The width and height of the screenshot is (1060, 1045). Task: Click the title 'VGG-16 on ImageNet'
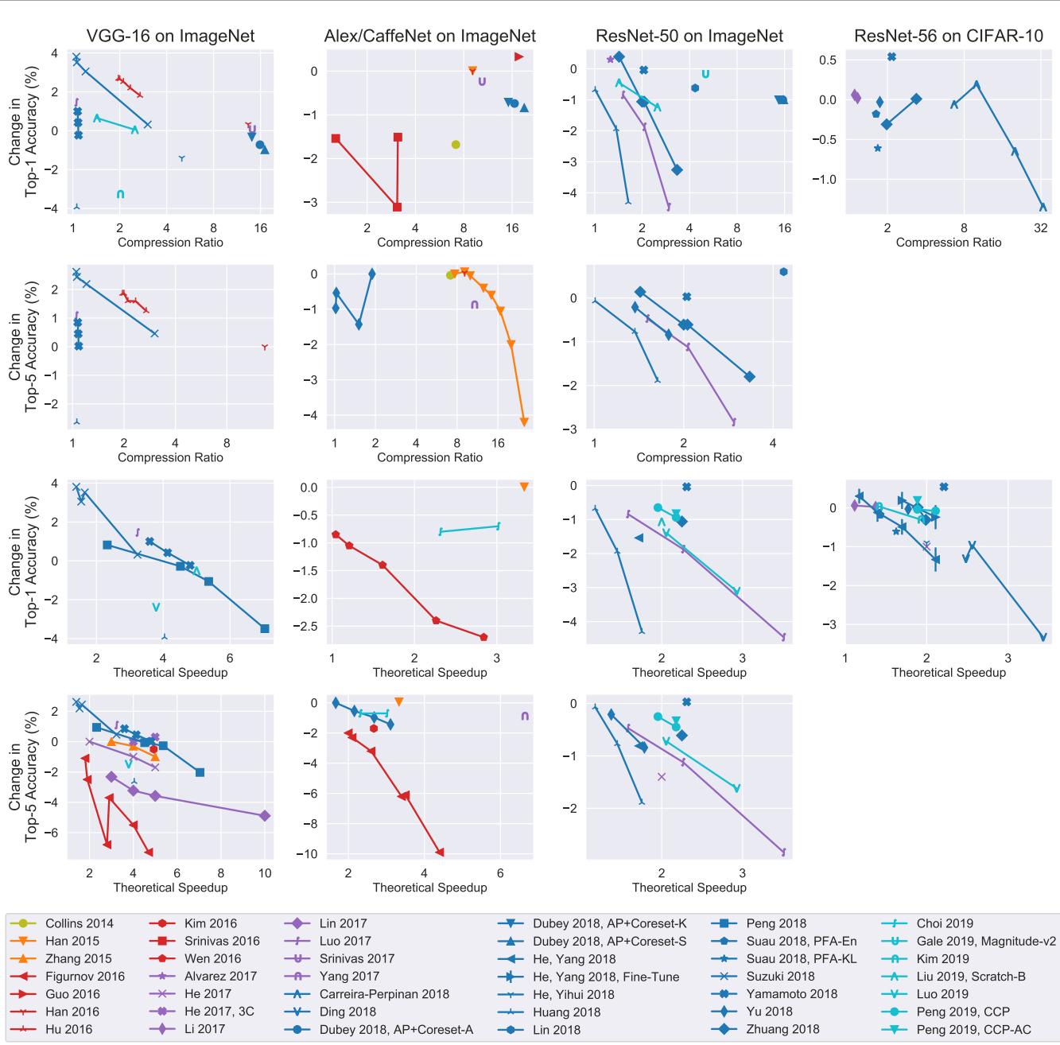click(x=170, y=36)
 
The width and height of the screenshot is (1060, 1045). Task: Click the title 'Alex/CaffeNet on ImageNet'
click(x=429, y=36)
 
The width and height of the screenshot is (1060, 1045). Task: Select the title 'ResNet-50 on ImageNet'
click(x=689, y=36)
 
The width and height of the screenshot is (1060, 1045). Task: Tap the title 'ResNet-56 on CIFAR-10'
click(x=948, y=36)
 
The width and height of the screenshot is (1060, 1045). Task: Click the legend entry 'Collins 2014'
click(x=79, y=923)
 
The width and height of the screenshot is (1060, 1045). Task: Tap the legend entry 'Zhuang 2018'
click(x=782, y=1029)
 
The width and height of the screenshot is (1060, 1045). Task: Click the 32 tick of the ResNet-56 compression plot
click(x=1041, y=228)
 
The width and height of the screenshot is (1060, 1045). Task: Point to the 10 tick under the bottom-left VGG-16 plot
click(x=265, y=873)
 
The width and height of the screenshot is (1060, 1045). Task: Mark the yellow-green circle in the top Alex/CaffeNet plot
click(x=456, y=145)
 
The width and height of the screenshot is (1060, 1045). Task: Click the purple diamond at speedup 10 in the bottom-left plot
click(x=265, y=816)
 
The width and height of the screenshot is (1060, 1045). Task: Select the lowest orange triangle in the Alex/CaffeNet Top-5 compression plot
click(x=524, y=421)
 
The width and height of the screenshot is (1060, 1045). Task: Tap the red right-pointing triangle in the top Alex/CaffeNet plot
click(x=518, y=56)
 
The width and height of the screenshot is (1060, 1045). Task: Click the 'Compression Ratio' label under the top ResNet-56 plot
click(x=948, y=243)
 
